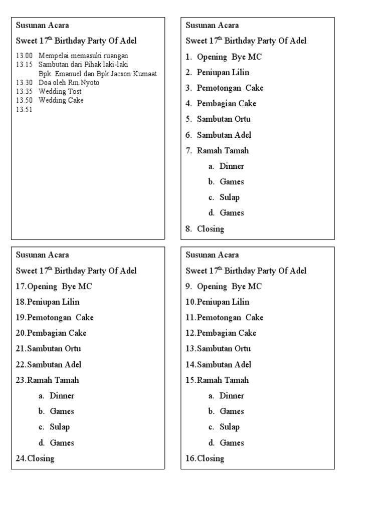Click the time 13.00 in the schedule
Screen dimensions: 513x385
coord(24,56)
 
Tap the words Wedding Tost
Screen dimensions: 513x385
coord(60,91)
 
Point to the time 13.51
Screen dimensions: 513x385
coord(24,109)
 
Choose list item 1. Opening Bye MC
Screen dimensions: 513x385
coord(224,57)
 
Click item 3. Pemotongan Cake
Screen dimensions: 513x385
coord(224,88)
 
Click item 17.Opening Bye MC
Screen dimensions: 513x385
coord(54,287)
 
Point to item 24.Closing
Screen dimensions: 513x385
coord(35,458)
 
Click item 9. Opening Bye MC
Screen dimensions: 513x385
coord(224,287)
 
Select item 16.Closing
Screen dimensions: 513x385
coord(205,458)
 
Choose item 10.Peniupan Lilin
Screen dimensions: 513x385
coord(217,302)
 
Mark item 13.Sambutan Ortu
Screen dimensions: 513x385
coord(218,349)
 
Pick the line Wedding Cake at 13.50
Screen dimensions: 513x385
coord(61,100)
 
